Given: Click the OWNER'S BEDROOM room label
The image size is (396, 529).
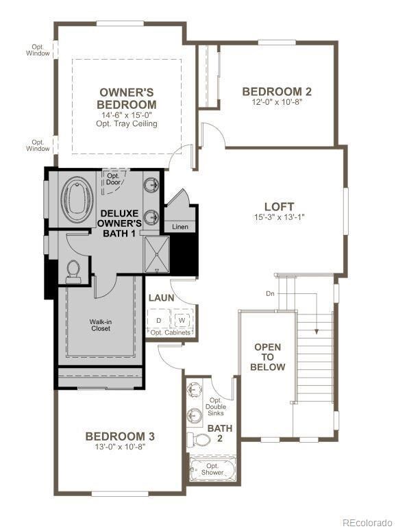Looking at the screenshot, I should pos(127,98).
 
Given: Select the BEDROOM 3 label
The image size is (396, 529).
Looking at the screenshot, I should pos(120,436).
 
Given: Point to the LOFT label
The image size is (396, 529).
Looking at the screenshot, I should pos(279,206).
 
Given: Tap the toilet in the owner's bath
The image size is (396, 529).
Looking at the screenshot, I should pos(74,271).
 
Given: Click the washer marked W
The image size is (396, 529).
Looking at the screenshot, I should pos(182,320).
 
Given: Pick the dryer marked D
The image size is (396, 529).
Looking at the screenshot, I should pos(159,320).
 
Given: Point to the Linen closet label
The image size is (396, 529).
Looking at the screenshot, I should pos(180,227).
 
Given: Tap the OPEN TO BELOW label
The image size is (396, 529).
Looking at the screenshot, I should pos(267,357).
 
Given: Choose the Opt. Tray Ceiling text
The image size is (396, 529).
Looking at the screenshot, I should pos(127,124).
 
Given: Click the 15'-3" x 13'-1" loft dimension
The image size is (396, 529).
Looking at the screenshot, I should pos(279,219).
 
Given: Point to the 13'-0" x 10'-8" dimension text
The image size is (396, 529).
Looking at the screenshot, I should pos(120,447).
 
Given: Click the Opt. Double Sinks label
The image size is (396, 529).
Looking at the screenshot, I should pos(216,408).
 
